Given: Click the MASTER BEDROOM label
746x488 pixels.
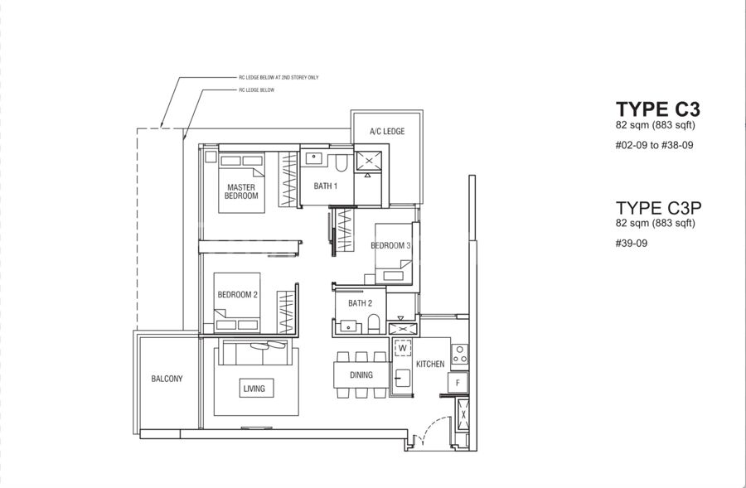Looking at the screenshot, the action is click(x=241, y=191).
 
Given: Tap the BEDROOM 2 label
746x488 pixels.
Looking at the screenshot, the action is click(x=237, y=295).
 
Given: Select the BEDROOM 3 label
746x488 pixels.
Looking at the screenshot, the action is click(x=390, y=245).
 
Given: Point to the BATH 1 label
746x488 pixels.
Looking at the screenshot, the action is click(x=326, y=186).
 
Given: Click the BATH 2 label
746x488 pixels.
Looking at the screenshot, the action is click(x=361, y=303).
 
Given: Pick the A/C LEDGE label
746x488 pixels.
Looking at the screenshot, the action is click(x=387, y=131).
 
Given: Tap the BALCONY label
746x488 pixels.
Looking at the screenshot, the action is click(x=167, y=379).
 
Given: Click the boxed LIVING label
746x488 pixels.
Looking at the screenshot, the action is click(x=254, y=389).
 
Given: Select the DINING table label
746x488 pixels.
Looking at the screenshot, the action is click(x=361, y=374).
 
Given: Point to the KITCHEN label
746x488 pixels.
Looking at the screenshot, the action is click(x=430, y=364).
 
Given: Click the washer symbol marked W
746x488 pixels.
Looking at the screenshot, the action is click(x=403, y=348).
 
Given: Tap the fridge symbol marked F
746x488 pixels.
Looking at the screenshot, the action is click(x=458, y=383).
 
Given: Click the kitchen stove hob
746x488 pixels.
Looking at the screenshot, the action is click(x=459, y=355).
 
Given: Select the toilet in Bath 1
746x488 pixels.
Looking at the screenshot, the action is click(x=342, y=162).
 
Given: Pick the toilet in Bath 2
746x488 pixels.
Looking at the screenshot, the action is click(x=374, y=323).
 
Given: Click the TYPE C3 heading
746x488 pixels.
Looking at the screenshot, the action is click(x=658, y=109).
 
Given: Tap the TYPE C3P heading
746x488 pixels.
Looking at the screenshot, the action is click(x=658, y=208).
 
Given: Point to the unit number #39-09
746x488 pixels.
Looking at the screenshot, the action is click(x=632, y=244).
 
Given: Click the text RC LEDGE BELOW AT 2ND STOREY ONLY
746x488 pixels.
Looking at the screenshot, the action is click(x=279, y=78).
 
